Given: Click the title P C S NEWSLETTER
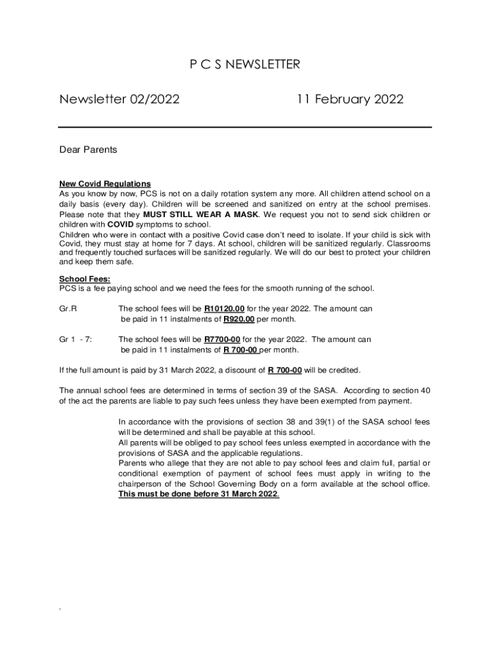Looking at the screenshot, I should click(245, 64).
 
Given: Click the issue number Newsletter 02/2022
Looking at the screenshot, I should click(119, 100).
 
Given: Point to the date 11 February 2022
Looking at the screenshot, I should click(349, 100).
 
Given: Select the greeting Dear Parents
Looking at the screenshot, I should click(88, 150).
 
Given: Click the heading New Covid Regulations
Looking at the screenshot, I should click(105, 184).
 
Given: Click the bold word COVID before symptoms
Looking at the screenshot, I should click(120, 225).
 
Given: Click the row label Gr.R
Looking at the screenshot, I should click(68, 309).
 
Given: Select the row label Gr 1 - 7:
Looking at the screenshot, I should click(76, 339).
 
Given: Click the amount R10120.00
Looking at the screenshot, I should click(224, 309).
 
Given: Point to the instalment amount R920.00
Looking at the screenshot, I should click(239, 319).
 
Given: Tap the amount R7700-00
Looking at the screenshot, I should click(222, 339).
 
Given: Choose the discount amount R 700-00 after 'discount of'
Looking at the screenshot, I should click(284, 370).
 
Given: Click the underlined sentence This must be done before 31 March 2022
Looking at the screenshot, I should click(199, 494).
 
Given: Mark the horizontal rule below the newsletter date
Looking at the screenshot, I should click(245, 127).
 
